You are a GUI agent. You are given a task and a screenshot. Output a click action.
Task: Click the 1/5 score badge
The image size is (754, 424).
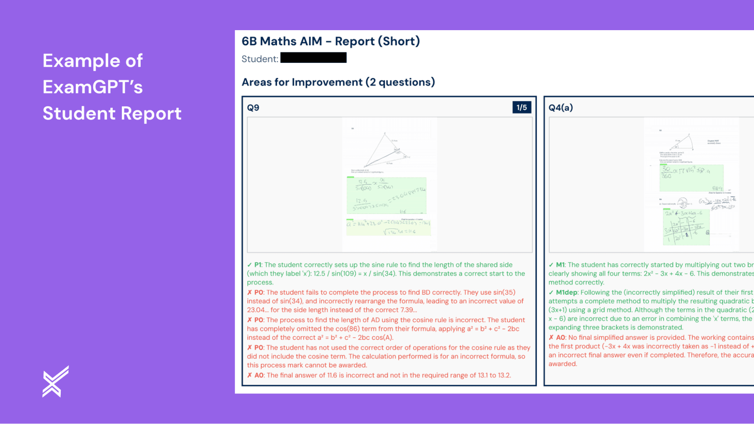pyautogui.click(x=521, y=107)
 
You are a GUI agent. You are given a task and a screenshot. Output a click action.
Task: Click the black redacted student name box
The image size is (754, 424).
pyautogui.click(x=313, y=58)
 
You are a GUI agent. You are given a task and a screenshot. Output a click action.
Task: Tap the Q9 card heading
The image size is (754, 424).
pyautogui.click(x=253, y=108)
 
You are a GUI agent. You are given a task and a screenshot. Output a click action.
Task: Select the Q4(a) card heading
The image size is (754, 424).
pyautogui.click(x=561, y=108)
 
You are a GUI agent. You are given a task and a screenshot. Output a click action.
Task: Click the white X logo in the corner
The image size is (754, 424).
pyautogui.click(x=55, y=381)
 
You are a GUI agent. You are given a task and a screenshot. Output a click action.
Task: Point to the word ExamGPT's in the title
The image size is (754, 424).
pyautogui.click(x=92, y=87)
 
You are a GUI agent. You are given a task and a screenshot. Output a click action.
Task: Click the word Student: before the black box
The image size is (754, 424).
pyautogui.click(x=260, y=59)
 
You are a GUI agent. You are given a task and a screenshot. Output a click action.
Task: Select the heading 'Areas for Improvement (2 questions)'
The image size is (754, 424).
pyautogui.click(x=338, y=82)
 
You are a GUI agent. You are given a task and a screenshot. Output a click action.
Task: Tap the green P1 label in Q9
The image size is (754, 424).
pyautogui.click(x=258, y=265)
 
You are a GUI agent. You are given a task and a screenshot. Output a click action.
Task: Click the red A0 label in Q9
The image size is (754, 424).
pyautogui.click(x=259, y=375)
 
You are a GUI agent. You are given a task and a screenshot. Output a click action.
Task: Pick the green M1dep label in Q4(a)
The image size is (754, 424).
pyautogui.click(x=566, y=292)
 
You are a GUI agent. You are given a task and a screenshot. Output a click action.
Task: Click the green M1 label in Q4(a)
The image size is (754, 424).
pyautogui.click(x=560, y=265)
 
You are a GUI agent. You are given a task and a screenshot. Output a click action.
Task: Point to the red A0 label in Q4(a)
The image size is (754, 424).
pyautogui.click(x=561, y=338)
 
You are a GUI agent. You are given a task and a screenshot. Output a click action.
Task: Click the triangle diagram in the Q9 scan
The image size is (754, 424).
pyautogui.click(x=385, y=151)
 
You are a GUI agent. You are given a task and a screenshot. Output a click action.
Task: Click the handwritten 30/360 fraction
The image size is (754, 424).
pyautogui.click(x=666, y=173)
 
